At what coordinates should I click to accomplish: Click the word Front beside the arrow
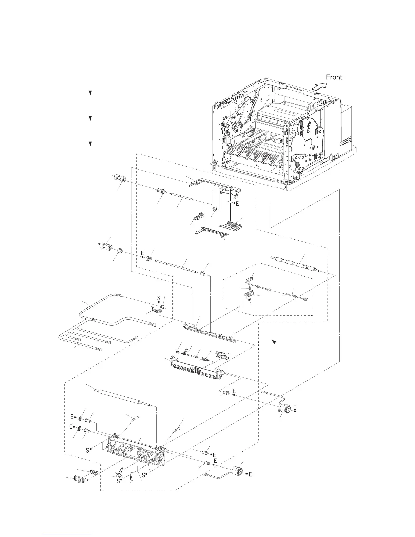[334, 77]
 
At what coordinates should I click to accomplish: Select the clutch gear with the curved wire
[285, 409]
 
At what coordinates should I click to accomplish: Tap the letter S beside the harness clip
[159, 298]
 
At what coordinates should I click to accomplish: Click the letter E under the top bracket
[237, 204]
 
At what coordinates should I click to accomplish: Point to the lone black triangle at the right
[274, 342]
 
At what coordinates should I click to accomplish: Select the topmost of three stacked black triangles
[91, 93]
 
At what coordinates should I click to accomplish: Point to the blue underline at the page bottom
[67, 534]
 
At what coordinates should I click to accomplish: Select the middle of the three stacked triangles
[91, 118]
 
